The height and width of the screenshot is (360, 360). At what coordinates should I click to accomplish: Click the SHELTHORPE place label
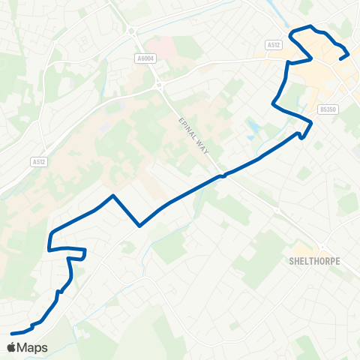(314, 262)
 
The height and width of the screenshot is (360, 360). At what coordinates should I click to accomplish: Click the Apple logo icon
(12, 347)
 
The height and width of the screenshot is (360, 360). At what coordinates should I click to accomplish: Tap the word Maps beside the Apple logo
(33, 347)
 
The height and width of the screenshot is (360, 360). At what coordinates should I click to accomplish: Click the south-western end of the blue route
(13, 333)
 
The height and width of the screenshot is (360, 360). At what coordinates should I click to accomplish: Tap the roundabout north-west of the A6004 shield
(132, 31)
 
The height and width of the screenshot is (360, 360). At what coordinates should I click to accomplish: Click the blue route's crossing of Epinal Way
(222, 176)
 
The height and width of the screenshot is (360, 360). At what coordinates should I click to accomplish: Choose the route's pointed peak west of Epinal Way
(112, 196)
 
